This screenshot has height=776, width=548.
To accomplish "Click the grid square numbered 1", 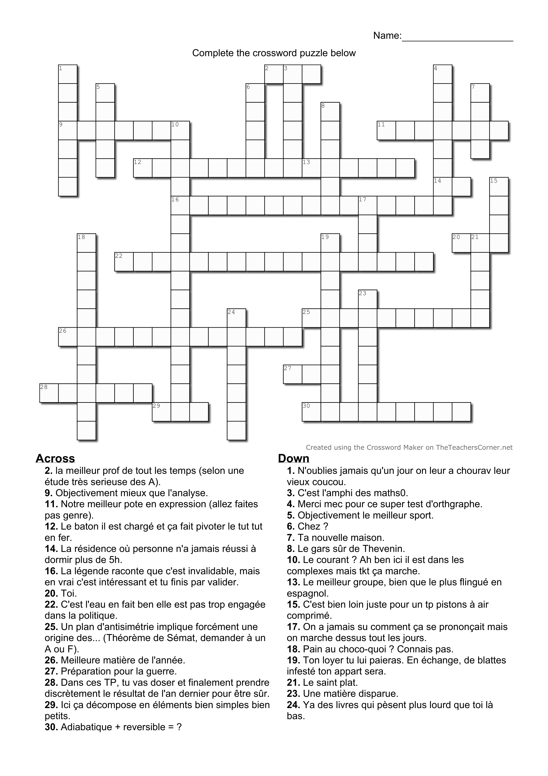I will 67,74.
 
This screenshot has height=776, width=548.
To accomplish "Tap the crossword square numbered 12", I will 143,168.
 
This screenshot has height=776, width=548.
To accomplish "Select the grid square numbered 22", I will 124,262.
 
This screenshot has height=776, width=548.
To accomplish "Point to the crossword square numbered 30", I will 311,412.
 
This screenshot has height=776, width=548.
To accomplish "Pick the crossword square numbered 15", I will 499,186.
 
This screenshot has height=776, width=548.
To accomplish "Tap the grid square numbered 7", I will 480,93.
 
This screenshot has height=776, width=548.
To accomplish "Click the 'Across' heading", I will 55,458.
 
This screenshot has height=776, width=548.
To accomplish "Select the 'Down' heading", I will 293,458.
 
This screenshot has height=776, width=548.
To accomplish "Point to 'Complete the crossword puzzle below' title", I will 274,53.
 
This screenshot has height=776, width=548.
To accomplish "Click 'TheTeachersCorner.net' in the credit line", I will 474,448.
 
